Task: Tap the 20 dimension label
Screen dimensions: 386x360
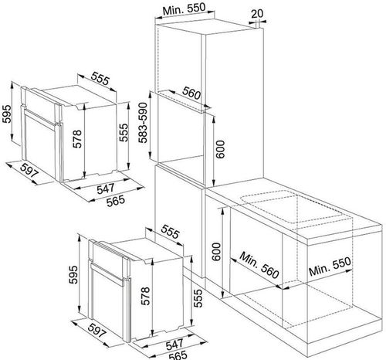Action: (257, 13)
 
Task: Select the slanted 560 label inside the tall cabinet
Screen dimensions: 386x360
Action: (191, 93)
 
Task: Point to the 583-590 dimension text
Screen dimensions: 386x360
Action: (143, 123)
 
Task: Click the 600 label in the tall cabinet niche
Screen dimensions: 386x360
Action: (220, 149)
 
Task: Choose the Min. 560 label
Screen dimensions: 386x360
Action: (259, 265)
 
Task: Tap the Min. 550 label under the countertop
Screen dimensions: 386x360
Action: (330, 267)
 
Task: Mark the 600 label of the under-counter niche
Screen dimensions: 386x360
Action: (217, 252)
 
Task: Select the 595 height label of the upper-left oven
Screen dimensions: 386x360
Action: (7, 114)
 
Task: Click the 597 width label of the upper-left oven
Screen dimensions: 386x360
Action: (29, 170)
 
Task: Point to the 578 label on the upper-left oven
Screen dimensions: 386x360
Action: (77, 139)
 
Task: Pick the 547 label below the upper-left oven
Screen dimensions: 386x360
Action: (106, 188)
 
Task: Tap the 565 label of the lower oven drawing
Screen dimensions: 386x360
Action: (178, 355)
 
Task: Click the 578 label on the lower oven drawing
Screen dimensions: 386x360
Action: (146, 296)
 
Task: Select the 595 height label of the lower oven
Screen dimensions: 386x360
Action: (73, 274)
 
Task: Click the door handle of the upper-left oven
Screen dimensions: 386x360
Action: (41, 117)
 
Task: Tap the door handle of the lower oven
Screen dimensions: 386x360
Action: (107, 273)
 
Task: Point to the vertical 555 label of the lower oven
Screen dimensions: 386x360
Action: (198, 298)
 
